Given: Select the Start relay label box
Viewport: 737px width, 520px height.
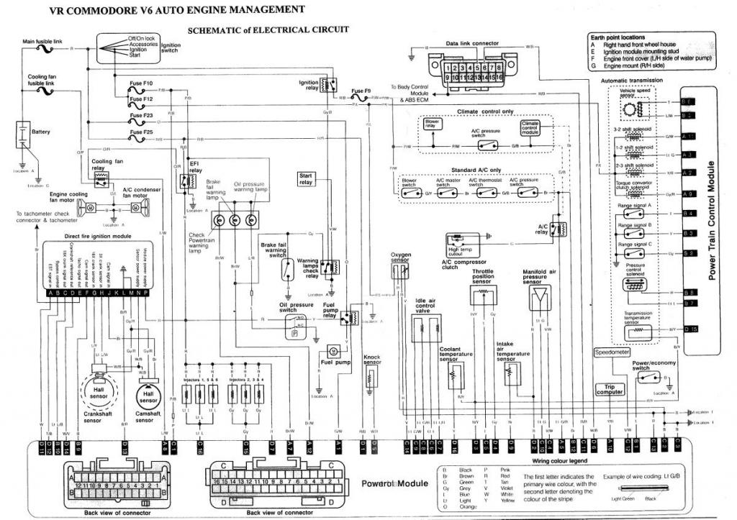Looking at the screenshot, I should (307, 178).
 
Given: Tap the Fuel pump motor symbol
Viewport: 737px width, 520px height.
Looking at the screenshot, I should (334, 350).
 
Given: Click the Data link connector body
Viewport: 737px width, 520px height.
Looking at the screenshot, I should (471, 70).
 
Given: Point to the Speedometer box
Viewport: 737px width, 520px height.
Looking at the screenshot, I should (611, 352).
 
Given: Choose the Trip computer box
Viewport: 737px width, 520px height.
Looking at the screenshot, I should (609, 389).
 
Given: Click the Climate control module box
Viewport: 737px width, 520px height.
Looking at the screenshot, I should (530, 128).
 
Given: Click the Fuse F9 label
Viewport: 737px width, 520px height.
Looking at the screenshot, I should (361, 92).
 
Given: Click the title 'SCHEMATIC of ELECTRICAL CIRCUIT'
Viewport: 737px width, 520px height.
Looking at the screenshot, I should (268, 31).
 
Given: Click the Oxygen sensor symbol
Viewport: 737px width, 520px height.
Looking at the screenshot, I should (399, 271).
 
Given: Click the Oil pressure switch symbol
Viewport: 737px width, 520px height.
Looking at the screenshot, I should (295, 327).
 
